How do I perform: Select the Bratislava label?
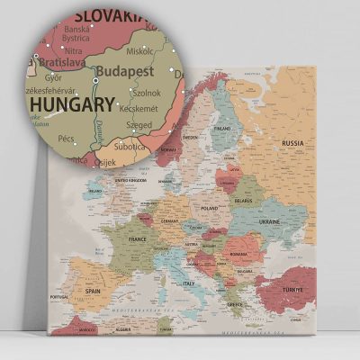click(61, 63)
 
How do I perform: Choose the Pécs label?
click(66, 139)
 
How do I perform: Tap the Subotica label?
click(130, 146)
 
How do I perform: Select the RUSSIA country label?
click(292, 143)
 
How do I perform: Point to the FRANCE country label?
click(138, 240)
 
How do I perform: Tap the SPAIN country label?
click(93, 292)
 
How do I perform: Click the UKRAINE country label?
click(270, 221)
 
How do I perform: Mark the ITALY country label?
click(189, 283)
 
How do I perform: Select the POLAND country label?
click(210, 208)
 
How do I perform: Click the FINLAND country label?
click(221, 128)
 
